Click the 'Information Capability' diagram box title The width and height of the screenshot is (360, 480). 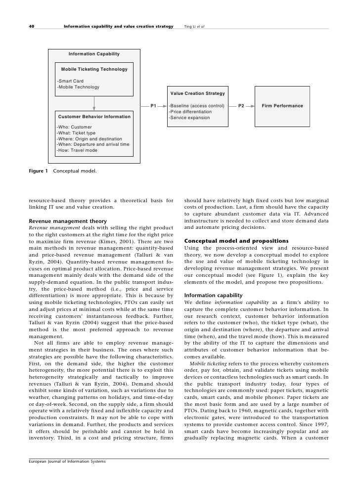94,53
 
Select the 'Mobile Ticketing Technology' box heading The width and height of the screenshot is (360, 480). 94,69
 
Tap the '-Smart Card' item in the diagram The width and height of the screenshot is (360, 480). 70,81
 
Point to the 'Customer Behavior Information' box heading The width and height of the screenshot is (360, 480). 94,117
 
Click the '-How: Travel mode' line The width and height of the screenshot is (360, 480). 77,150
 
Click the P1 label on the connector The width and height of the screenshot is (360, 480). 154,106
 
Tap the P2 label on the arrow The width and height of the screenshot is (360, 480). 241,106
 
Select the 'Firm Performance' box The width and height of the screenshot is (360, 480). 282,106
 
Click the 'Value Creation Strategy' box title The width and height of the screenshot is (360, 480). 197,93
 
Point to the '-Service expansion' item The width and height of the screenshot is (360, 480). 189,118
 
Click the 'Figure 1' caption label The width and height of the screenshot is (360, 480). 38,171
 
